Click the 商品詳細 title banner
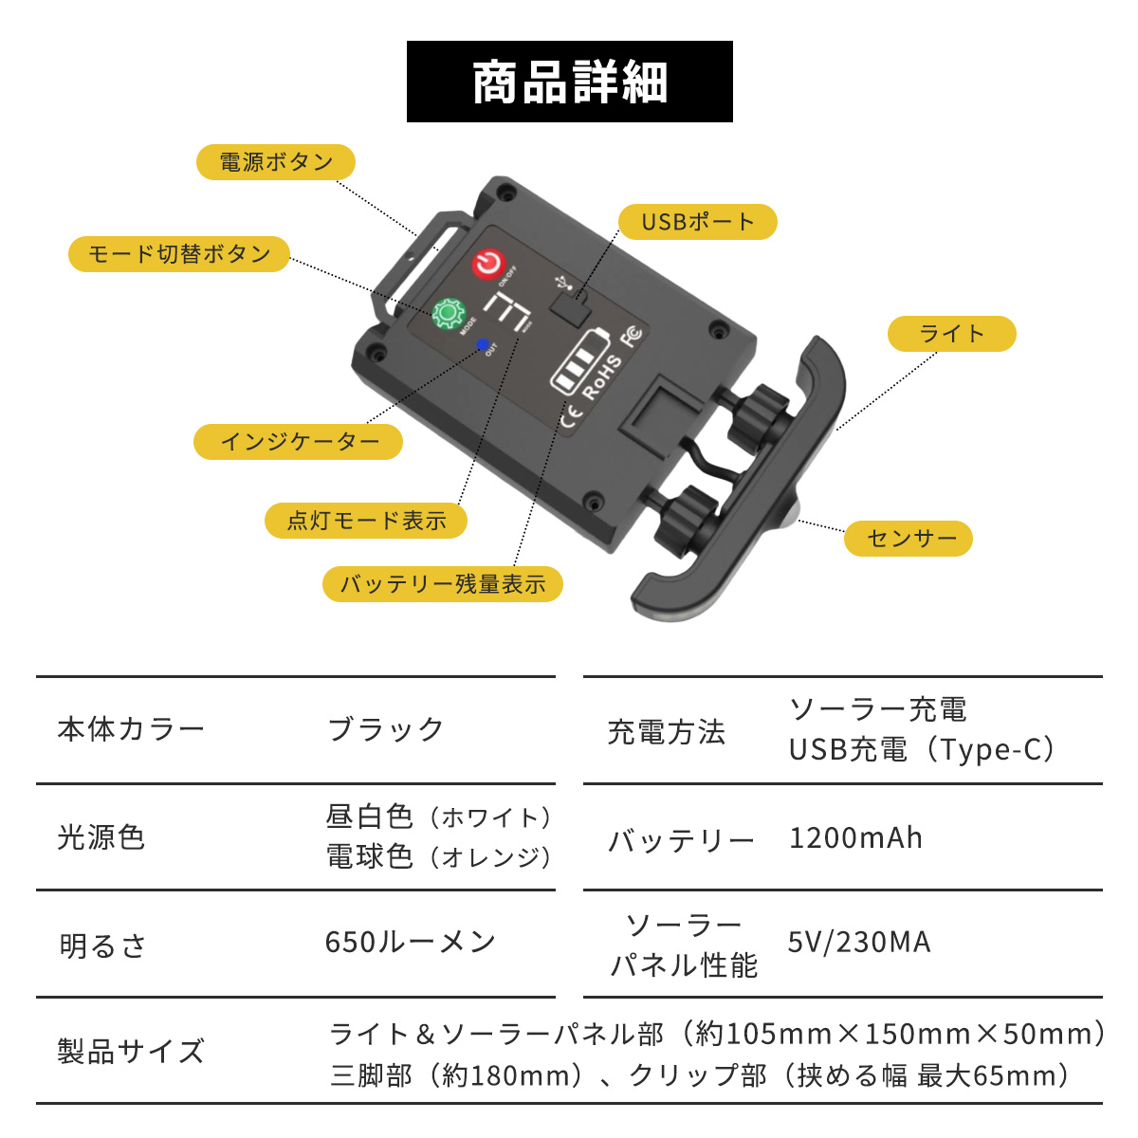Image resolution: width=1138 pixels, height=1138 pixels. (569, 82)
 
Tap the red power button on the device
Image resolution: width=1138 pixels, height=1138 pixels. (487, 263)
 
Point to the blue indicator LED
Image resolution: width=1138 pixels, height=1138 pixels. (482, 343)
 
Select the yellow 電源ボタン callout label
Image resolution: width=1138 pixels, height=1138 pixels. (276, 162)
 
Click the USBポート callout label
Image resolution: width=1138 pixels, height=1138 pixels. (697, 222)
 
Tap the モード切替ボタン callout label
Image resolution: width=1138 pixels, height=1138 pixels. (179, 254)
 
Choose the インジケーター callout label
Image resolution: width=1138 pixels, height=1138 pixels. (299, 442)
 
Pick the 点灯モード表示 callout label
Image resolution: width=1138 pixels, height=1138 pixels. (366, 521)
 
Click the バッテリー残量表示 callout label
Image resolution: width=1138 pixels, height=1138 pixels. (443, 584)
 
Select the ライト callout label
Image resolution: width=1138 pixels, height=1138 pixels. (951, 334)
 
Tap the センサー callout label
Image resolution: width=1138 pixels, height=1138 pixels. (908, 539)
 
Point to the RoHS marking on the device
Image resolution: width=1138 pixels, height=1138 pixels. (603, 376)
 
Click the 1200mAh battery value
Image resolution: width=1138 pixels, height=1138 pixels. (855, 838)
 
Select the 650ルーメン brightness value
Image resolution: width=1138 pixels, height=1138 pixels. (410, 942)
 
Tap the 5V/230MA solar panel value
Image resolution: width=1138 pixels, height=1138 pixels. (859, 943)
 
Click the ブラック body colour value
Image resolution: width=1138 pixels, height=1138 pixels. (385, 729)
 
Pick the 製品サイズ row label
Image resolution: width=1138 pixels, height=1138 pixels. (131, 1052)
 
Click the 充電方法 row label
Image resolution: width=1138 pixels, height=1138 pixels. (666, 731)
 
